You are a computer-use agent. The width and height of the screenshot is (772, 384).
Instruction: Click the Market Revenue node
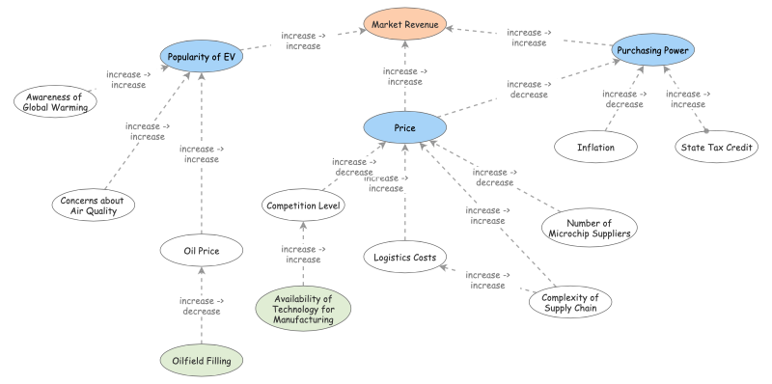tap(404, 21)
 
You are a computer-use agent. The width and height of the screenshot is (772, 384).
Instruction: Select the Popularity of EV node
tap(200, 57)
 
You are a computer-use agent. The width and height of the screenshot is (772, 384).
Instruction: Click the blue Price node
tap(404, 127)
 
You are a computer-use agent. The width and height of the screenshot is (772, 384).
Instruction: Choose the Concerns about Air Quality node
tap(93, 204)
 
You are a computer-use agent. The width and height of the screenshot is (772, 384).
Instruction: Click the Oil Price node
tap(201, 252)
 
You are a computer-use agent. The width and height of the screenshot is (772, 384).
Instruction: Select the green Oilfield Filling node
tap(202, 361)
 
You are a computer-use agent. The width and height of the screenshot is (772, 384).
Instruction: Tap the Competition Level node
tap(304, 205)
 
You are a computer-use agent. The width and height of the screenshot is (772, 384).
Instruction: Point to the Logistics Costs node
tap(404, 257)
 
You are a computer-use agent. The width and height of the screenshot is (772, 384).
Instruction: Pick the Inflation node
tap(595, 147)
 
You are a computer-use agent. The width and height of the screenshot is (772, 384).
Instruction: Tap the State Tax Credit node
tap(715, 147)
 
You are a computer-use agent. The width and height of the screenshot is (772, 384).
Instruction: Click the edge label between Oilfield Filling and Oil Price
tap(202, 306)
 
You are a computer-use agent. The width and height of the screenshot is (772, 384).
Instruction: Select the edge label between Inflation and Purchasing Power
tap(623, 98)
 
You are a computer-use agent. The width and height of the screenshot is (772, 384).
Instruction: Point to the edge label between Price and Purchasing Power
tap(530, 89)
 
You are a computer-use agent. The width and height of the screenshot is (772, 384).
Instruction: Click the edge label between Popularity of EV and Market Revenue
tap(303, 41)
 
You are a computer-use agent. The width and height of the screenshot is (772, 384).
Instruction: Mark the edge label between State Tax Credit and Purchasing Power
tap(688, 98)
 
